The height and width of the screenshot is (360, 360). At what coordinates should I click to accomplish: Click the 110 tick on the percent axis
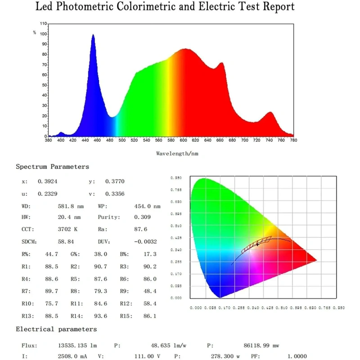point(43,23)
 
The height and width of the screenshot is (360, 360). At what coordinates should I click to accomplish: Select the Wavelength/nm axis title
point(177,153)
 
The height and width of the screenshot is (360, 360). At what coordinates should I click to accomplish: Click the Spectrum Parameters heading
point(52,167)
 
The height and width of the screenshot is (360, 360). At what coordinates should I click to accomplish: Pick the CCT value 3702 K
point(68,229)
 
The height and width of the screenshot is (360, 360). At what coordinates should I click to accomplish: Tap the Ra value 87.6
point(143,229)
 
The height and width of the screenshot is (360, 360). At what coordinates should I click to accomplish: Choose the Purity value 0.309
point(143,217)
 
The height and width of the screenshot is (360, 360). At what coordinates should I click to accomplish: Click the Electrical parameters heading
point(56,329)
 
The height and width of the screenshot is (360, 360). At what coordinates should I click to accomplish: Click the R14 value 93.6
point(102,316)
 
